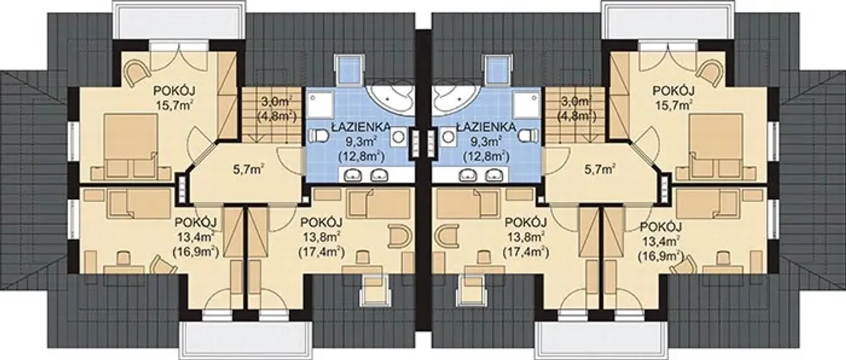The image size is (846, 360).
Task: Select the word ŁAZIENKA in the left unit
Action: [x=361, y=127]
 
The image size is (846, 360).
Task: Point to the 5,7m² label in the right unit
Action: [x=599, y=170]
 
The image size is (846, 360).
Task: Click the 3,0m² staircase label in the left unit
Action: [x=276, y=102]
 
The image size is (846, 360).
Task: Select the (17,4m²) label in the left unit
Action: [x=321, y=252]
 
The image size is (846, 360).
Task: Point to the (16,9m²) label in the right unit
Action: [x=661, y=256]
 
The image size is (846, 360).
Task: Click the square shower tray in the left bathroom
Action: [x=320, y=106]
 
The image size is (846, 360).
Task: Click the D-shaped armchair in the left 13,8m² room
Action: [x=399, y=236]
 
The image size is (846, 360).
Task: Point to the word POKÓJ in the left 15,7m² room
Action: [x=174, y=91]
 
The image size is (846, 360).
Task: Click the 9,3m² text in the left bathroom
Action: [x=361, y=141]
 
